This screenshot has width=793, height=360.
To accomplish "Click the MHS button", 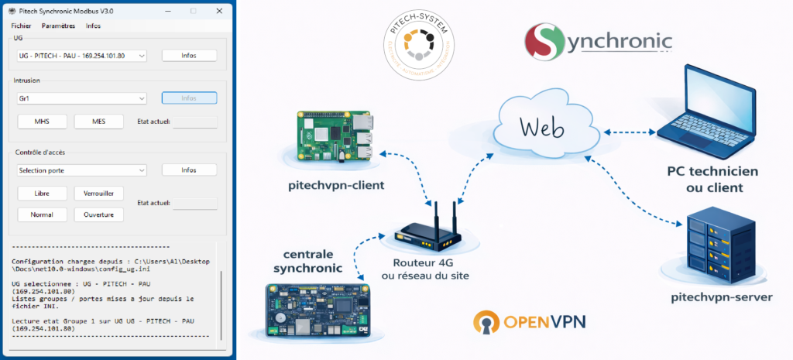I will [41, 122].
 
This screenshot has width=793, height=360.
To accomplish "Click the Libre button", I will [41, 193].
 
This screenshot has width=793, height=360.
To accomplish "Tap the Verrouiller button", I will [98, 193].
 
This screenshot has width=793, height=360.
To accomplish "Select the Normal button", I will [41, 214].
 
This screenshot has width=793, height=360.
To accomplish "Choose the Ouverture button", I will [98, 214].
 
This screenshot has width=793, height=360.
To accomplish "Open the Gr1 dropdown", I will [81, 98].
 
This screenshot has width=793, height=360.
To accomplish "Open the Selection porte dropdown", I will [81, 170].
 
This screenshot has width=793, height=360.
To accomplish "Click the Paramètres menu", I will [58, 26].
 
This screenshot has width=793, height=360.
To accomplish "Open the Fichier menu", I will [22, 26].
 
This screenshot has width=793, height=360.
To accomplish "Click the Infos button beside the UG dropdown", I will [189, 56].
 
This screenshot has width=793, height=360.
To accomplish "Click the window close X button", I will [220, 11].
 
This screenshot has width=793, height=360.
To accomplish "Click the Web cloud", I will [542, 127].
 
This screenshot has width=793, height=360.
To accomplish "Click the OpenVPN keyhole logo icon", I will [487, 324].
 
